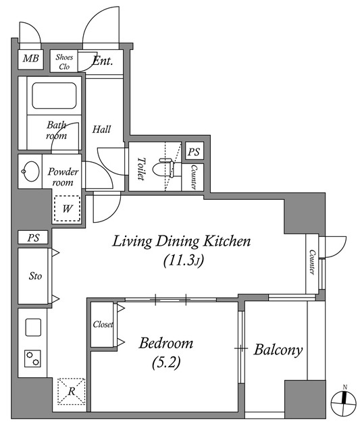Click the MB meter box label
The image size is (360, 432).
pos(30,59)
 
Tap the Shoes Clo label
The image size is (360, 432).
pos(64,61)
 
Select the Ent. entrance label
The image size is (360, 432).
pos(103,61)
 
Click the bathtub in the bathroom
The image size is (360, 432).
pos(54,96)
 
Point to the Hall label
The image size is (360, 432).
pos(101,129)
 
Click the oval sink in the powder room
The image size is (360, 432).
pos(30,171)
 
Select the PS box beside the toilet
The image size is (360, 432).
pos(195,151)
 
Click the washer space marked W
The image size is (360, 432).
pos(67,209)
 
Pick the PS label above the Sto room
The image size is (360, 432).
pos(34,238)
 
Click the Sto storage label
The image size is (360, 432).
pos(35,276)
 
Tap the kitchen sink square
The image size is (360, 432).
pos(33,327)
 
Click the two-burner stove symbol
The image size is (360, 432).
pos(32,358)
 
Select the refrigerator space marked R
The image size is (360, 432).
pos(72,391)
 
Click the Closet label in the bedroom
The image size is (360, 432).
pos(103,324)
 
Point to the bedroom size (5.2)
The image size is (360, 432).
pos(166,362)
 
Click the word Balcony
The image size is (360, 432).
pos(278,350)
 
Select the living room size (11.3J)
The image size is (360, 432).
pos(183,261)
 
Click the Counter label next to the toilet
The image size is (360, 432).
pos(193,177)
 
